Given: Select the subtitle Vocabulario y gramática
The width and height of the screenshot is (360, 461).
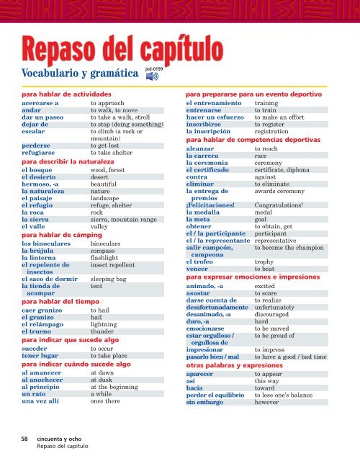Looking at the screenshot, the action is [x=79, y=73].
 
